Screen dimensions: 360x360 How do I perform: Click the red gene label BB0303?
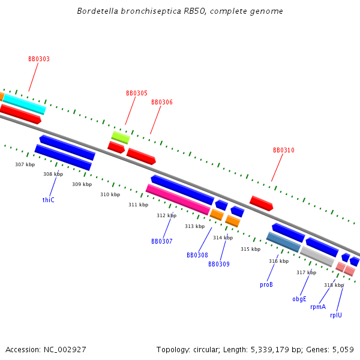pyautogui.click(x=39, y=59)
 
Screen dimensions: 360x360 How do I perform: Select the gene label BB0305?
pyautogui.click(x=137, y=94)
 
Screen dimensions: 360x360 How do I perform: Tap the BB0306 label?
pyautogui.click(x=162, y=103)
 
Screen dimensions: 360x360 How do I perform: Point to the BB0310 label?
pyautogui.click(x=284, y=151)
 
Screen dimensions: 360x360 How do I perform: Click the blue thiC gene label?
pyautogui.click(x=49, y=200)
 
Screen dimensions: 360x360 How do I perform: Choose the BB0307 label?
pyautogui.click(x=162, y=241)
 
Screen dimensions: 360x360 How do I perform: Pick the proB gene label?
pyautogui.click(x=266, y=285)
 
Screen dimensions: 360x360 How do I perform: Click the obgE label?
pyautogui.click(x=299, y=299)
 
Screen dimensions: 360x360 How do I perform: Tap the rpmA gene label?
pyautogui.click(x=318, y=307)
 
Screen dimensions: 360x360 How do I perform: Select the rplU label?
pyautogui.click(x=336, y=315)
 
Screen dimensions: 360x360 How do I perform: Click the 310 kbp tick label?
pyautogui.click(x=110, y=194)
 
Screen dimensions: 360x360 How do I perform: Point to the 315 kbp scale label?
pyautogui.click(x=251, y=249)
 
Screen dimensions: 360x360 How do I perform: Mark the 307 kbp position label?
pyautogui.click(x=25, y=164)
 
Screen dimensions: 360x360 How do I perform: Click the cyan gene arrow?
pyautogui.click(x=24, y=103)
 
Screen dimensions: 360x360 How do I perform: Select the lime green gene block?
pyautogui.click(x=120, y=137)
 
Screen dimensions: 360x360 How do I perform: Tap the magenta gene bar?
pyautogui.click(x=178, y=199)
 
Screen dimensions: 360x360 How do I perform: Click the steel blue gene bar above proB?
pyautogui.click(x=283, y=242)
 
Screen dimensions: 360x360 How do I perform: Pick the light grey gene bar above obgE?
pyautogui.click(x=317, y=256)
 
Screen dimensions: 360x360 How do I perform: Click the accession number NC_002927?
pyautogui.click(x=65, y=349)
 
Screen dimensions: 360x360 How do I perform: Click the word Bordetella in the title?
pyautogui.click(x=99, y=11)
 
